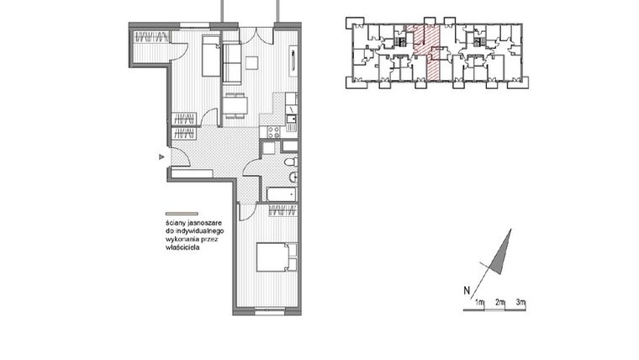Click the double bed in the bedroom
tap(277, 257)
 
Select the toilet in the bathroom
tap(288, 161)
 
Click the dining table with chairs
tap(235, 104)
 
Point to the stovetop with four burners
tap(272, 131)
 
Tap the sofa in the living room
tap(232, 62)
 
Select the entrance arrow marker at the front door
tap(161, 156)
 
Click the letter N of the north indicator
tap(466, 292)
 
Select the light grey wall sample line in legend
tap(181, 214)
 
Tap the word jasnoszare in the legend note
tap(200, 223)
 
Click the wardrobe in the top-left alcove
tap(151, 37)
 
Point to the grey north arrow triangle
tap(501, 251)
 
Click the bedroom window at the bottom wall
tap(267, 311)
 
